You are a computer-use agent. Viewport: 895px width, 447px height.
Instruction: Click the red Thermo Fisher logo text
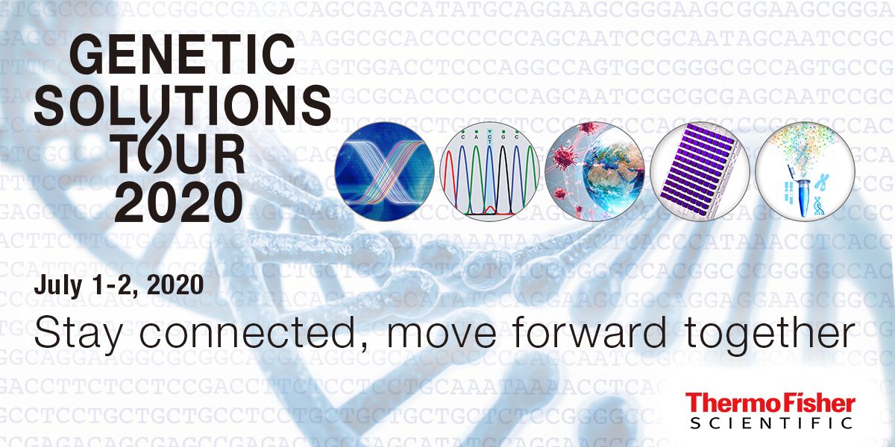pyautogui.click(x=770, y=404)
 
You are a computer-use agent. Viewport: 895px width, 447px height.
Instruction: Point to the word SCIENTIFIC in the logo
pyautogui.click(x=770, y=423)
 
